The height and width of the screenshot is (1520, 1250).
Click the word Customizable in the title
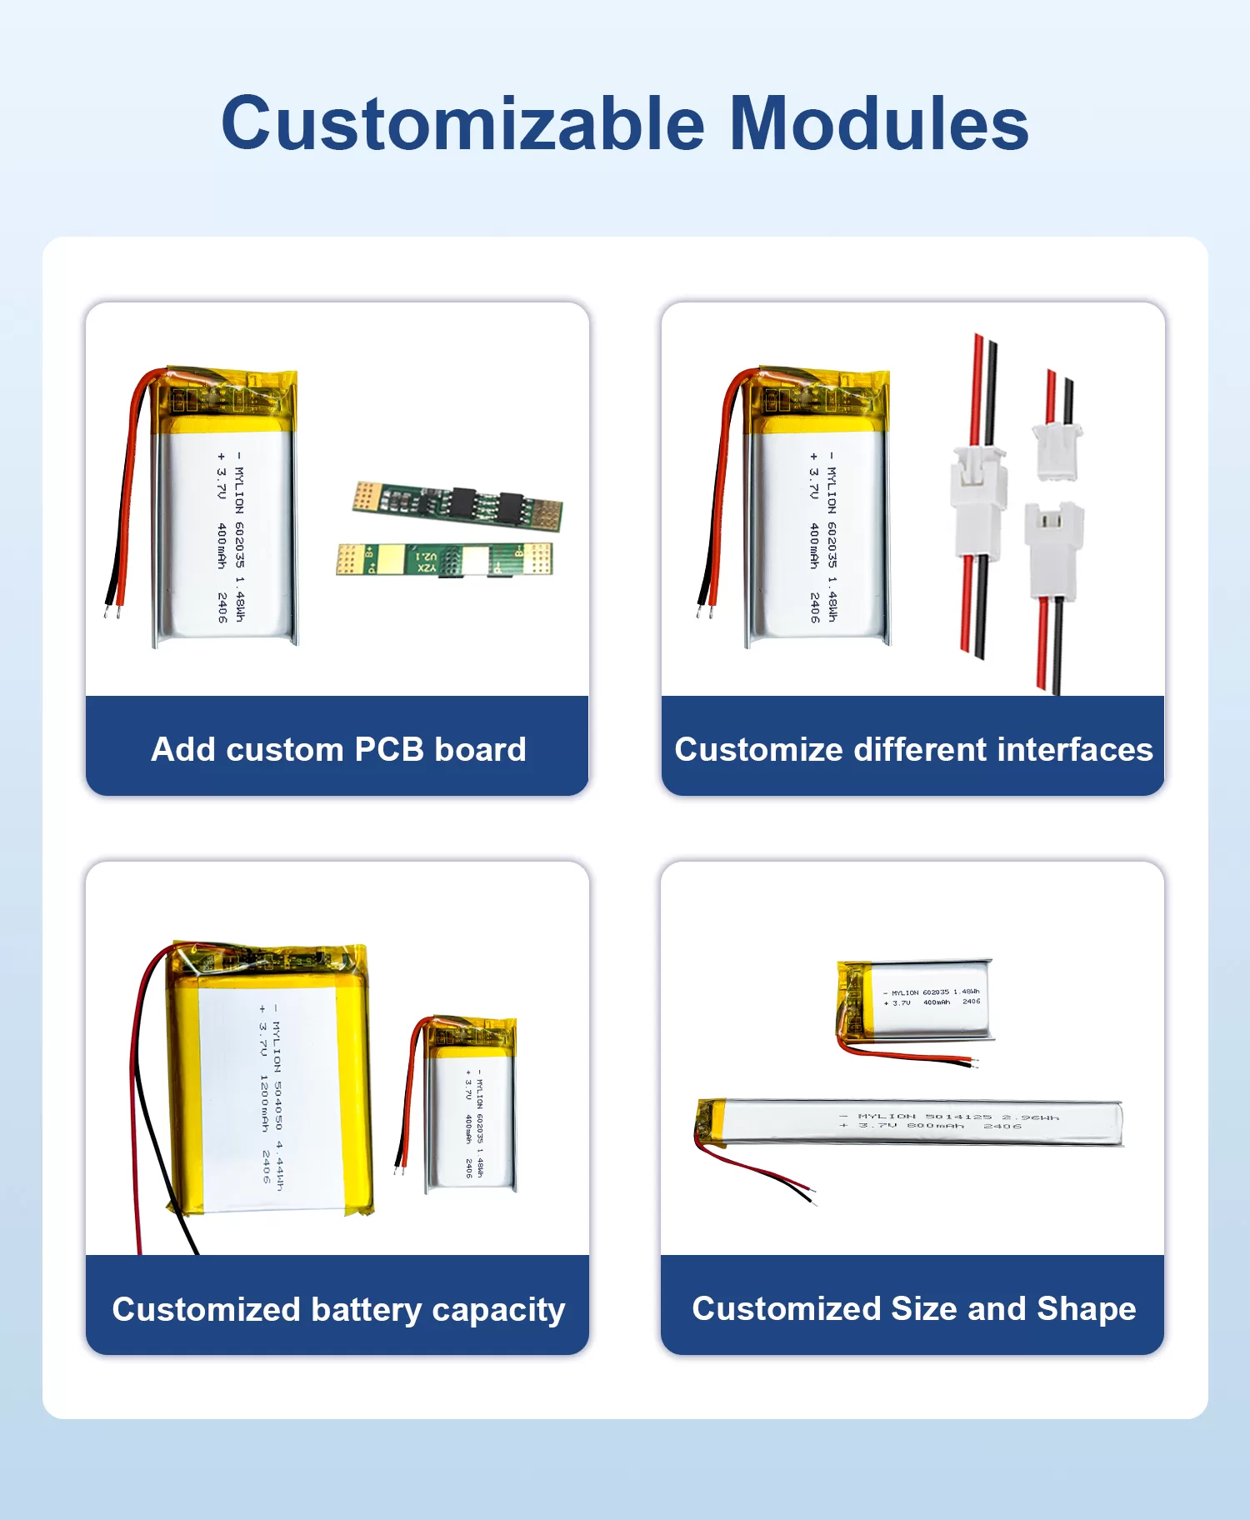point(462,123)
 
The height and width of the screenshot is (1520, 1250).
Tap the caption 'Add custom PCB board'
point(338,749)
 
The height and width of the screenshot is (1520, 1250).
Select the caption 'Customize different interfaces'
point(913,749)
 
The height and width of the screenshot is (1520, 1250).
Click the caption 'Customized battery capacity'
point(338,1309)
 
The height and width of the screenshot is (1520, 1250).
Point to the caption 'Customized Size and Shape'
point(913,1308)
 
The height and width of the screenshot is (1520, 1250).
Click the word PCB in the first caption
point(389,749)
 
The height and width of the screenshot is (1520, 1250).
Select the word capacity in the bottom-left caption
point(498,1310)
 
